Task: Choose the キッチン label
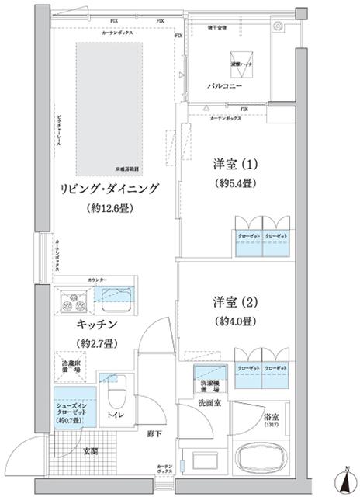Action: click(x=96, y=324)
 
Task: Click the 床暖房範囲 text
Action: click(x=126, y=167)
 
